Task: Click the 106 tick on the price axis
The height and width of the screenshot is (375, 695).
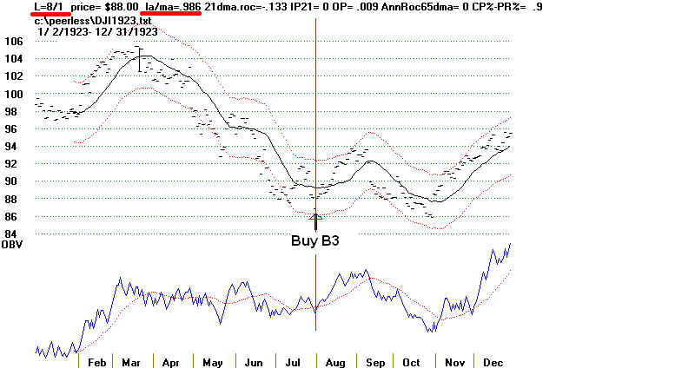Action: (13, 41)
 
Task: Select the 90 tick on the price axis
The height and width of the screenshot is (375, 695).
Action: (13, 181)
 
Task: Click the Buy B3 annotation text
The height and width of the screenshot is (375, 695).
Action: (314, 241)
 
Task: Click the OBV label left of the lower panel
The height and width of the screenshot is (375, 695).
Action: (12, 246)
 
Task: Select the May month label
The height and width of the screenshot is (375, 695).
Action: (212, 362)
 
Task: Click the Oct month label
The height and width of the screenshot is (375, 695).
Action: (410, 362)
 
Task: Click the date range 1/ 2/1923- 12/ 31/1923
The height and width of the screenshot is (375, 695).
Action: (96, 31)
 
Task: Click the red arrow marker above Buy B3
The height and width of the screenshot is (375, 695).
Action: (315, 216)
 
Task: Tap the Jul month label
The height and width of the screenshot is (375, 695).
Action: (292, 362)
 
